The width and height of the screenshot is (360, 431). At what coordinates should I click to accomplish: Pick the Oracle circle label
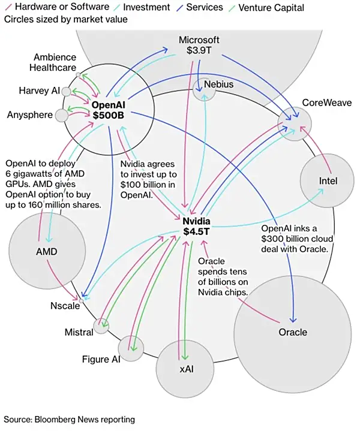tap(293, 331)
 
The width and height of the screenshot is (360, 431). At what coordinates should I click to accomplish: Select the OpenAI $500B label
tap(108, 110)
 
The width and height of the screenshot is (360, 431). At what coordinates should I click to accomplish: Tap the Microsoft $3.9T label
tap(199, 45)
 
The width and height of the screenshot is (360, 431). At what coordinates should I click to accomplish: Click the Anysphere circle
tap(62, 115)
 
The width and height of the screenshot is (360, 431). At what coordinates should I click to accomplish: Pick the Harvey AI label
tap(40, 91)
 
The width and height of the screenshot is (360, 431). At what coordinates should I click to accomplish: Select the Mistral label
tap(79, 332)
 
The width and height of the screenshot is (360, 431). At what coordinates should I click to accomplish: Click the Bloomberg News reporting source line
tap(70, 418)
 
